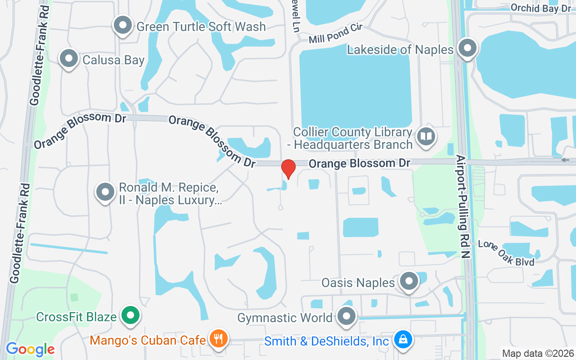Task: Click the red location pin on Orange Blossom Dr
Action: click(x=288, y=169)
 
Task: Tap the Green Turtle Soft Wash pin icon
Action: click(x=122, y=26)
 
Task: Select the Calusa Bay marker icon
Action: click(x=69, y=59)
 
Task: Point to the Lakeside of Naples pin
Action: click(x=468, y=48)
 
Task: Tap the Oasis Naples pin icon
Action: click(x=409, y=281)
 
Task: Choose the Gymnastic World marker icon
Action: click(x=346, y=317)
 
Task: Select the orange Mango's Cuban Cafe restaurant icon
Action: click(x=219, y=338)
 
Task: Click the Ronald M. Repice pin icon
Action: click(x=105, y=192)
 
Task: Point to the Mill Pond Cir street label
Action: click(x=336, y=35)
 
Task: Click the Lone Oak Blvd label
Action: click(x=506, y=253)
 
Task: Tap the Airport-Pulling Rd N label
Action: click(x=463, y=207)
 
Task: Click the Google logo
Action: click(x=30, y=349)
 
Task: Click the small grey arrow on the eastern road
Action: click(x=565, y=160)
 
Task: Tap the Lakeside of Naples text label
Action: click(x=400, y=49)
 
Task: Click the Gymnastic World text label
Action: click(x=285, y=318)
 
